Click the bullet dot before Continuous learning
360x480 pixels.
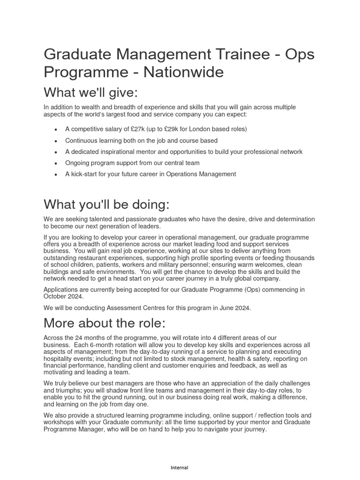tap(56, 141)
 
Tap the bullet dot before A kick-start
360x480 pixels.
tap(56, 175)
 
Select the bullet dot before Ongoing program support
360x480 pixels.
tap(56, 164)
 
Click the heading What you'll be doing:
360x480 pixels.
tap(106, 204)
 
